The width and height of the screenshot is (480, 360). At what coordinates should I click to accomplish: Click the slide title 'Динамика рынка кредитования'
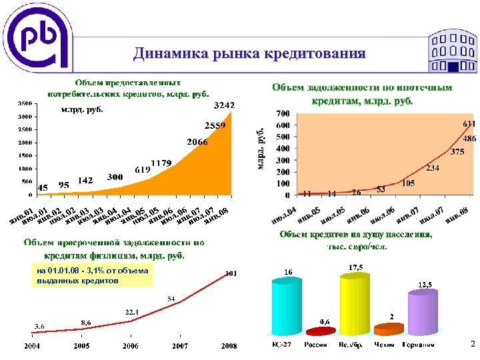[x=249, y=54]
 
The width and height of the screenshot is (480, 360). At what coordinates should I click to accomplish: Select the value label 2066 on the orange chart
[x=197, y=142]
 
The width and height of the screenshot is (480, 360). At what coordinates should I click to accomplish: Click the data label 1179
[x=161, y=163]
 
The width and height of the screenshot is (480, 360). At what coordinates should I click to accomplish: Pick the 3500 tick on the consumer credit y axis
[x=24, y=103]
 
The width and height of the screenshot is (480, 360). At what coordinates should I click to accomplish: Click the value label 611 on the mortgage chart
[x=469, y=124]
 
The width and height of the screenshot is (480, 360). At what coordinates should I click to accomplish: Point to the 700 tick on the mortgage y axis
[x=283, y=113]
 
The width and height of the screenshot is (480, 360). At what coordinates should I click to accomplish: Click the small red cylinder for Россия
[x=320, y=331]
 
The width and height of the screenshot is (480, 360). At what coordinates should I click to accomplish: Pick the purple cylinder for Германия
[x=422, y=315]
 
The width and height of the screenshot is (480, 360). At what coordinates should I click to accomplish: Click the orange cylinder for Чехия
[x=389, y=329]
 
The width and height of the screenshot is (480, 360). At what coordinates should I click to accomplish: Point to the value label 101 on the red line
[x=231, y=273]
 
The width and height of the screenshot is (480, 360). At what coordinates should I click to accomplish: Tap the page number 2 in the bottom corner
[x=471, y=344]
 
